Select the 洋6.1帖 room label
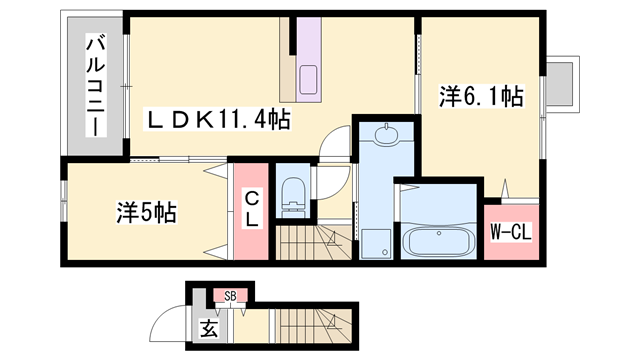(x=481, y=97)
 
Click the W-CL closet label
(x=509, y=232)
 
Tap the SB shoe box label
(x=230, y=296)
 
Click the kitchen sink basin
(x=309, y=78)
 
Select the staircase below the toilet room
(x=313, y=245)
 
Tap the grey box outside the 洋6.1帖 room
(x=559, y=83)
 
